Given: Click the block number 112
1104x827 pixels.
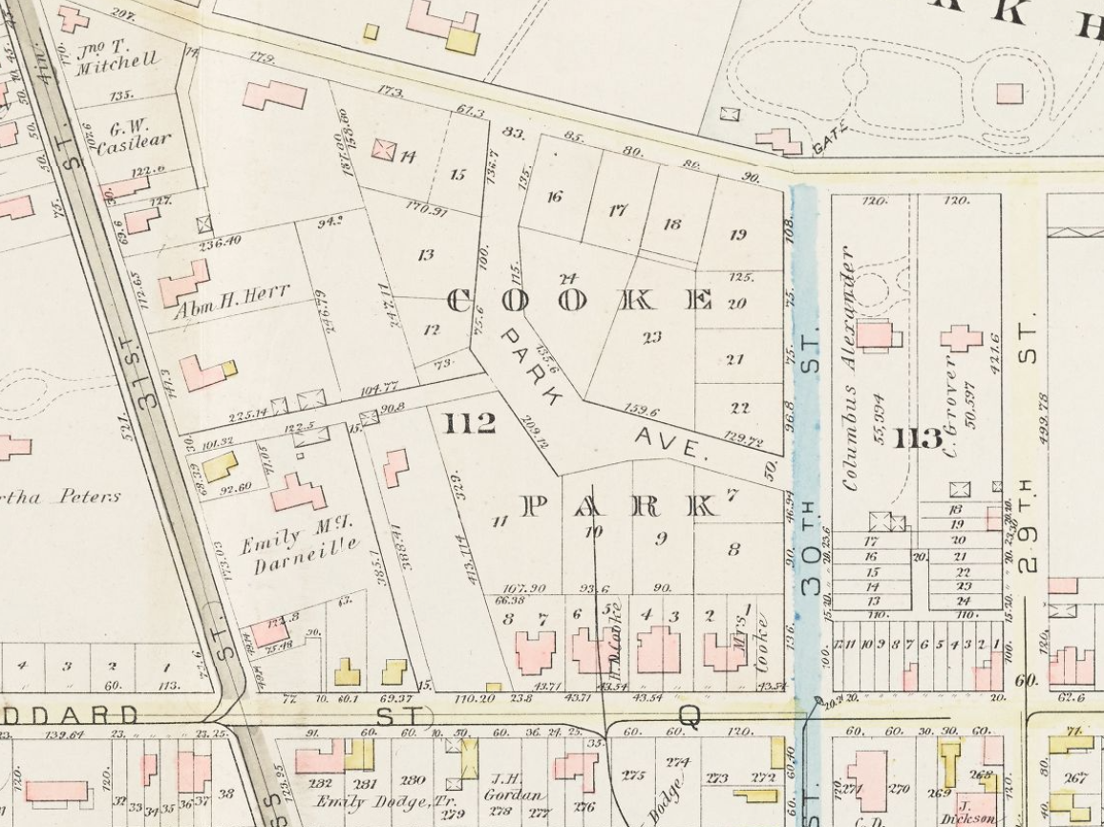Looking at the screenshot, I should tap(469, 423).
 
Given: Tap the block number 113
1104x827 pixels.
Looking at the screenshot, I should tap(919, 439).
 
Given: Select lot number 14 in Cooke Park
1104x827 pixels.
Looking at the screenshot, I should tap(408, 156).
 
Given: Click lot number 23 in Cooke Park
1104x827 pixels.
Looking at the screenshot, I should tap(651, 336).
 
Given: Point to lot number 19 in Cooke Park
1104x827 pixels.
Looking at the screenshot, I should tap(737, 234).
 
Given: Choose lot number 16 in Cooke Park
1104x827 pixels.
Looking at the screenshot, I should tap(554, 197).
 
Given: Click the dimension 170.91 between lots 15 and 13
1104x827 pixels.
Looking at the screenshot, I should tap(427, 210).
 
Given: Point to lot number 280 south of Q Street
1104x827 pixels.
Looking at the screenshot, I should tap(413, 780).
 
